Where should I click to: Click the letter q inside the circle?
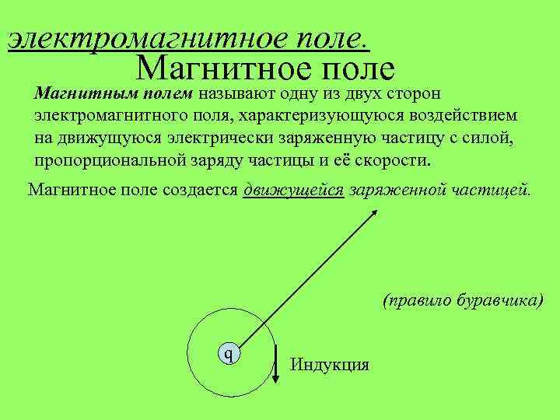click(228, 354)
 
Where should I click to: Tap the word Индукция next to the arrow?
click(329, 364)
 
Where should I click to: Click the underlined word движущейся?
click(293, 190)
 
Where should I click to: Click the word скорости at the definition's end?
click(396, 160)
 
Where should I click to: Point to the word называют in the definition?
click(231, 94)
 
